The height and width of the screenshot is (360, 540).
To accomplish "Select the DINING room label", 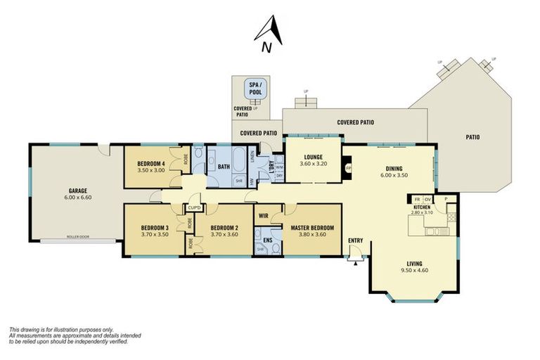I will coord(393,168).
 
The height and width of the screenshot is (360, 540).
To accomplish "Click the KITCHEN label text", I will coord(422,207).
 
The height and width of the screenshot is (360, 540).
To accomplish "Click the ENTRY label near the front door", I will coord(356,241).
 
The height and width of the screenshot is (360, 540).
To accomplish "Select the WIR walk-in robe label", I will coord(264,215).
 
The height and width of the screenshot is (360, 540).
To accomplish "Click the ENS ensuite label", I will coord(267,240).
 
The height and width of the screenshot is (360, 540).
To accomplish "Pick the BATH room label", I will coord(224,167).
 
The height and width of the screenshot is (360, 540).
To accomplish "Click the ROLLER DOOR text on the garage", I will coord(79,237).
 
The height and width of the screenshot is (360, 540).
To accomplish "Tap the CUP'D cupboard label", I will coord(195,207).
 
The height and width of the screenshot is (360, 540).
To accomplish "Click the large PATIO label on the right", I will coord(472,137).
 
